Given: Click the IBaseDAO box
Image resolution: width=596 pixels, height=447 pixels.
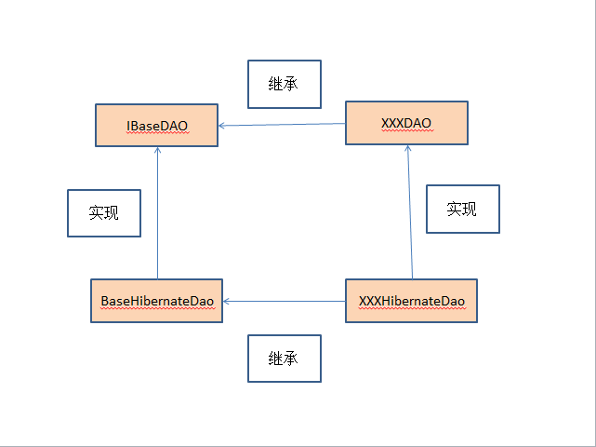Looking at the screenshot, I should pos(156,125).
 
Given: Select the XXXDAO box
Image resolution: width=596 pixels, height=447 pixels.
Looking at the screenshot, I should pos(406,123).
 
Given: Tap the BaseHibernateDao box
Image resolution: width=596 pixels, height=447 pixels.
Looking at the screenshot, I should pos(156,301).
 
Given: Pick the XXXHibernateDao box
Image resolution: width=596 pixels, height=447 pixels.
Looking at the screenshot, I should pos(411,301).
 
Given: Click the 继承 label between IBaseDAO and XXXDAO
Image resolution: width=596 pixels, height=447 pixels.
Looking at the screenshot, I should pos(284,85).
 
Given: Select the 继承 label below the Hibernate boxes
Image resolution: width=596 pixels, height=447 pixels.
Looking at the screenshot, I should pos(284,359).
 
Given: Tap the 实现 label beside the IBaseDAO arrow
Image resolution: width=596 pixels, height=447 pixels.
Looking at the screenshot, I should pos(104,213).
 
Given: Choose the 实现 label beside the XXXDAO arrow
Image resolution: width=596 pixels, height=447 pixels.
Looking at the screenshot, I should pos(462,209).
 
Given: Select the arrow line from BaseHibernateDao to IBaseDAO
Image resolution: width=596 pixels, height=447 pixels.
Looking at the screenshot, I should pos(158,214).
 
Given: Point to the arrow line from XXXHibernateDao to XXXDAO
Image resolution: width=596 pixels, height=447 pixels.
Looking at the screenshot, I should pos(410,214).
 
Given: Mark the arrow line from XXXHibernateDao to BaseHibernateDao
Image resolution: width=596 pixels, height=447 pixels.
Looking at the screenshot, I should pos(284,301).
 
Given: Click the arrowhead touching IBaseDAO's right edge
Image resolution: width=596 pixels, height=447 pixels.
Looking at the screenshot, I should pos(222,126).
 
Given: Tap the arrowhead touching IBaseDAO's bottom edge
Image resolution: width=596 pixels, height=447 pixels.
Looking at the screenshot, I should pos(158,151).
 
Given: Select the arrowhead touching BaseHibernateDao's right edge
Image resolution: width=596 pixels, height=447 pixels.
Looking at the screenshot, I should pos(227,301).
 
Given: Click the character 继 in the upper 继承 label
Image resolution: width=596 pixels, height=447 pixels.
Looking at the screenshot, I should pos(276,85).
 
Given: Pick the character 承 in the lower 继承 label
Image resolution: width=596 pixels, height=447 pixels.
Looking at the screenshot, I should pos(291,359).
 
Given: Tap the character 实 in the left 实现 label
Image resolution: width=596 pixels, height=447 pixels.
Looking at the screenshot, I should pos(97,213).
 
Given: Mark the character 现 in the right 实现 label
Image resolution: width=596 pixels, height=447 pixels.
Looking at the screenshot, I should pos(470,209).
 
